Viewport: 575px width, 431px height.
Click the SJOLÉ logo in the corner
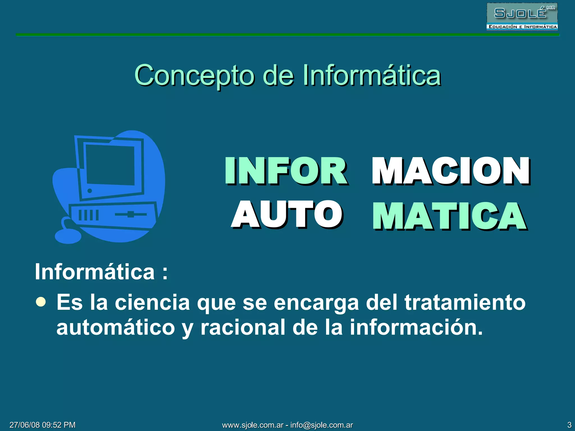pyautogui.click(x=522, y=16)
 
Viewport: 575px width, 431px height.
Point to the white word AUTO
pyautogui.click(x=287, y=214)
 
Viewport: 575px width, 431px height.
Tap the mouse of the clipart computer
pyautogui.click(x=68, y=237)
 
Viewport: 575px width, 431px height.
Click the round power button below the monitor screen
pyautogui.click(x=90, y=191)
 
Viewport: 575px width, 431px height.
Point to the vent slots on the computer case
pyautogui.click(x=88, y=215)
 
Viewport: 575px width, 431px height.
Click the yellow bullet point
pyautogui.click(x=41, y=302)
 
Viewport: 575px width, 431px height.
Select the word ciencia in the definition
pyautogui.click(x=152, y=302)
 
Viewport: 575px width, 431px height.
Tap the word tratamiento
pyautogui.click(x=465, y=302)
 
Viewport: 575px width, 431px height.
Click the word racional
pyautogui.click(x=243, y=327)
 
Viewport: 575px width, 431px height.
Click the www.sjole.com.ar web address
pyautogui.click(x=253, y=425)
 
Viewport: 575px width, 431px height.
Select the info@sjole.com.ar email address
pyautogui.click(x=321, y=425)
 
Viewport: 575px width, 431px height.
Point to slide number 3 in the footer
pyautogui.click(x=569, y=425)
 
